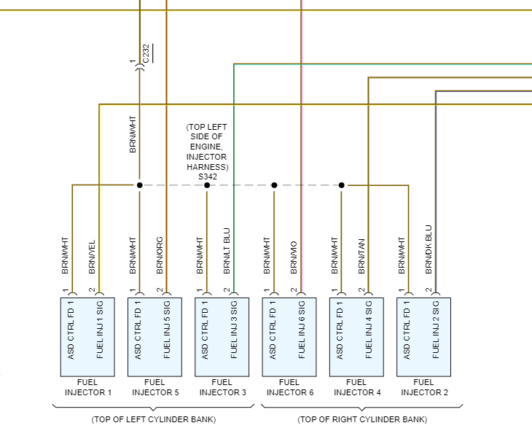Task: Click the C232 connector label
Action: coord(146,57)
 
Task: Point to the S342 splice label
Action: coord(207,176)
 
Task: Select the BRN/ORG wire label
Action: coord(160,255)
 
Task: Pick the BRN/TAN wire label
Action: coord(361,256)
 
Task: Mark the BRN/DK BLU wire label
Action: coord(429,250)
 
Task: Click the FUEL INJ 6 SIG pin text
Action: coord(302,330)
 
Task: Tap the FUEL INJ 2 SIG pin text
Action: coord(436,330)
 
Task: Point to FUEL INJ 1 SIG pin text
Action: coord(100,330)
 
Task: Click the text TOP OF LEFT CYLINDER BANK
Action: coord(154,419)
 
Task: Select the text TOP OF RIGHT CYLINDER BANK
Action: coord(362,419)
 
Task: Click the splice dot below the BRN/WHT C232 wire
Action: coord(139,185)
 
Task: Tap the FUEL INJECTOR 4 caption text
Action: coord(357,387)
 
